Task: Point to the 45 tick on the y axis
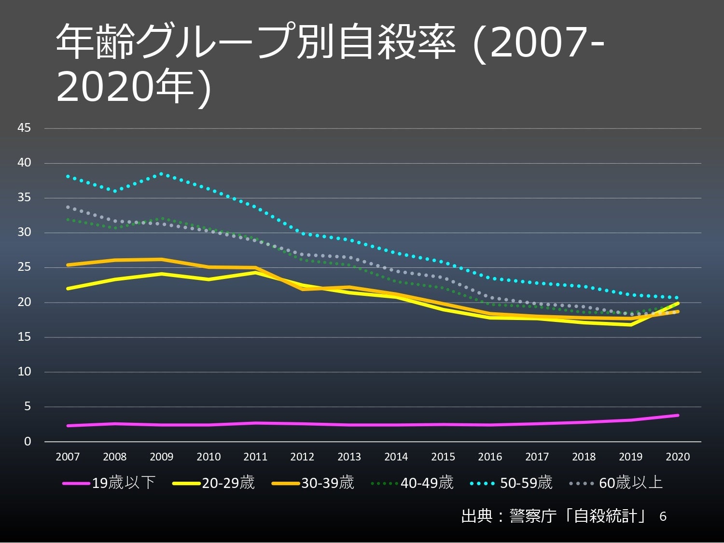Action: pos(24,128)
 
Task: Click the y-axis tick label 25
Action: pos(24,267)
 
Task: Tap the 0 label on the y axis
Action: pos(28,442)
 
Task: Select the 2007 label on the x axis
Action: pos(68,457)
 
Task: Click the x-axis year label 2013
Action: pos(349,457)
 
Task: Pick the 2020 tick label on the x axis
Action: pos(678,457)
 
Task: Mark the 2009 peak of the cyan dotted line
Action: pos(161,174)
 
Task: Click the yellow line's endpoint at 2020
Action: pos(678,304)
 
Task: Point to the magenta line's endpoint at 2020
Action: pos(678,415)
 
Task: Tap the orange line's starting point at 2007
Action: pos(68,265)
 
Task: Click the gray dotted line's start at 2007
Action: pos(68,207)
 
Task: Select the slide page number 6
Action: pos(663,517)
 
